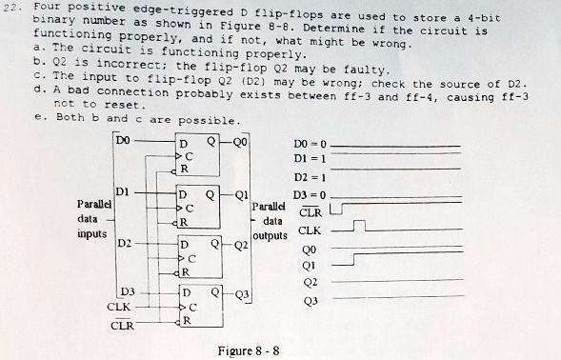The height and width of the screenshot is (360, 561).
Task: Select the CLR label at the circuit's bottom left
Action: coord(122,327)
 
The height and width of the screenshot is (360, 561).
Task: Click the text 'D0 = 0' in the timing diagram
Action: coord(311,143)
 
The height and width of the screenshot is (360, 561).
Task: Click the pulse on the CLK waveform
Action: coord(358,226)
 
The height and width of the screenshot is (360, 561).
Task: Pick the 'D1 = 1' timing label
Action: coord(311,159)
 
